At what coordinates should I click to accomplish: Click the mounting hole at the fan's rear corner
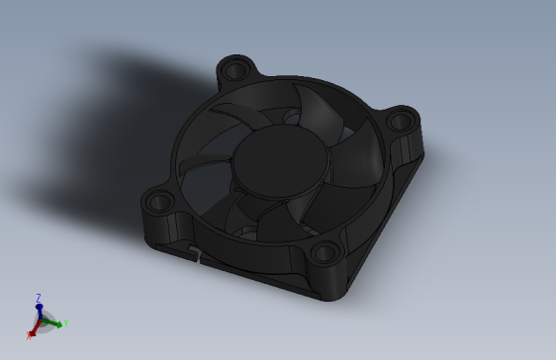tap(234, 71)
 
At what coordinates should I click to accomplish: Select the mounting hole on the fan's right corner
tap(400, 122)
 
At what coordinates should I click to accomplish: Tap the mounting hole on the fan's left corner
tap(158, 203)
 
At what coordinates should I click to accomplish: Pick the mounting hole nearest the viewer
tap(324, 253)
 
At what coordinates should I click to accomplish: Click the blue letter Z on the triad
tap(39, 297)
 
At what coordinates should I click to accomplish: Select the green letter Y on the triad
tap(65, 323)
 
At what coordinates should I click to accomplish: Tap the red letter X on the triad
tap(29, 335)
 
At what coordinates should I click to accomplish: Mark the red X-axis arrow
tap(34, 330)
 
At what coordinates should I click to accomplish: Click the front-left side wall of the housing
tap(247, 269)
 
